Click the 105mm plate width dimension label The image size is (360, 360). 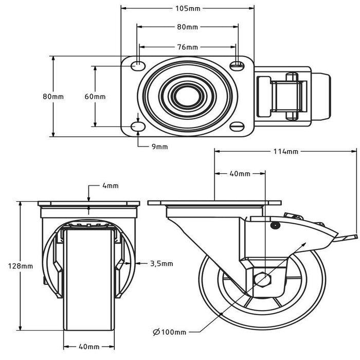tap(187, 8)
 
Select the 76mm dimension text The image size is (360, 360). tap(187, 47)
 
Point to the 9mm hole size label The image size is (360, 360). tap(159, 147)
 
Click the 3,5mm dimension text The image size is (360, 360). tap(161, 263)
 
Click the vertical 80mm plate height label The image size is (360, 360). tap(53, 97)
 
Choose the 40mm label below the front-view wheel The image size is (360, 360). tap(89, 347)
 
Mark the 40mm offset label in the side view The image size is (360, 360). tap(239, 174)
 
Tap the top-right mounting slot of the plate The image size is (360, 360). tap(237, 65)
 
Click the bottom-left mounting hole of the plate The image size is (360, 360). tap(138, 127)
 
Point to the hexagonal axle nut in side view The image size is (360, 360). tap(263, 279)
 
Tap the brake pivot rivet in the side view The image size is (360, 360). tap(274, 225)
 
